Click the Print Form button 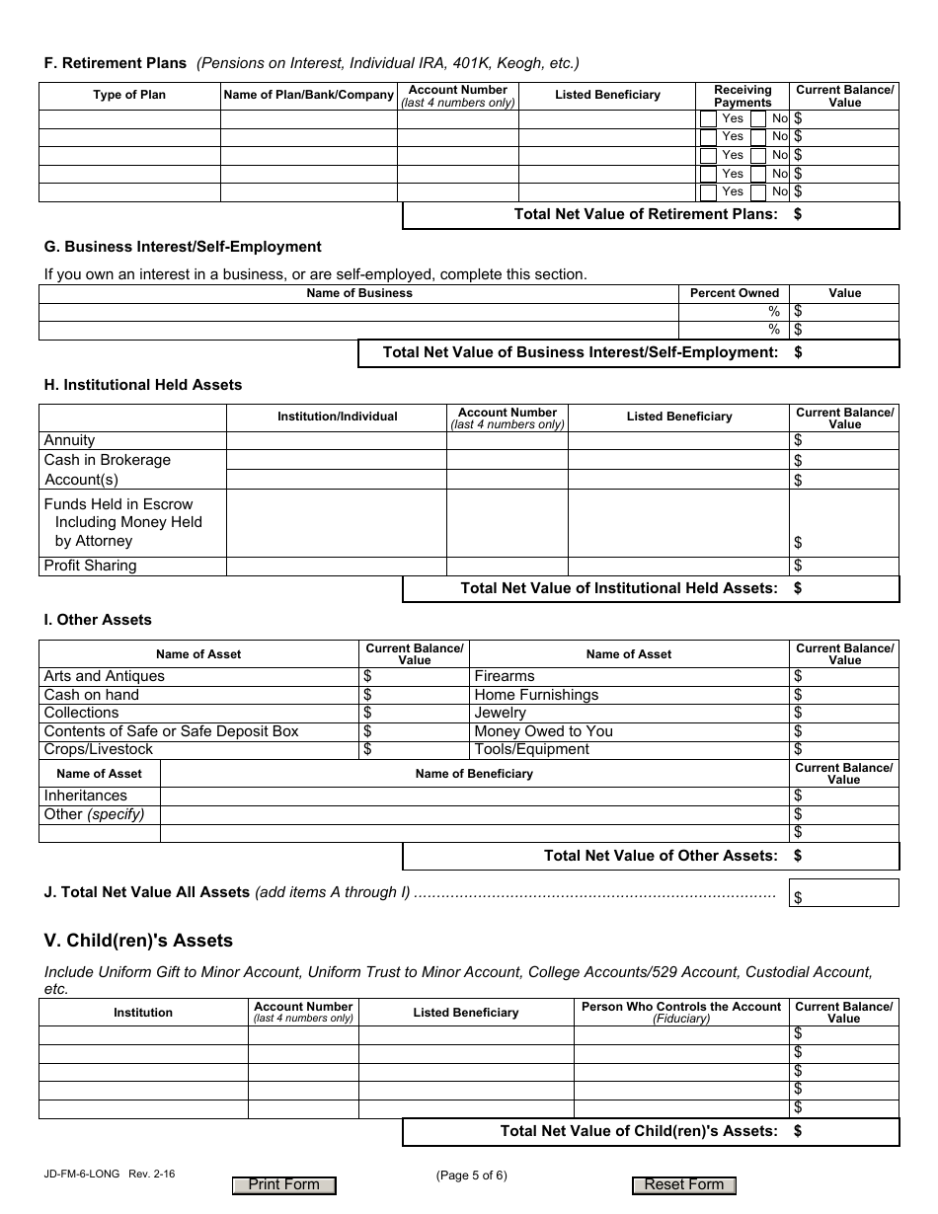coord(283,1185)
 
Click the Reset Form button coord(683,1185)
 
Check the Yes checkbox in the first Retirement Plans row coord(708,119)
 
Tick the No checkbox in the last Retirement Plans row coord(758,191)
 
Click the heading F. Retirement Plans coord(115,63)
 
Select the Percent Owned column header coord(734,293)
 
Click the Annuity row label coord(70,440)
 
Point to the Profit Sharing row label coord(90,566)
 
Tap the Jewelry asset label coord(501,713)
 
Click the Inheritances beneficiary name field coord(474,796)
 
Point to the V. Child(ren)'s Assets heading coord(138,940)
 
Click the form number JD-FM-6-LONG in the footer coord(82,1175)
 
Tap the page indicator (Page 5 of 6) coord(471,1175)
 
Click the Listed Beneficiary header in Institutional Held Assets coord(679,417)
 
